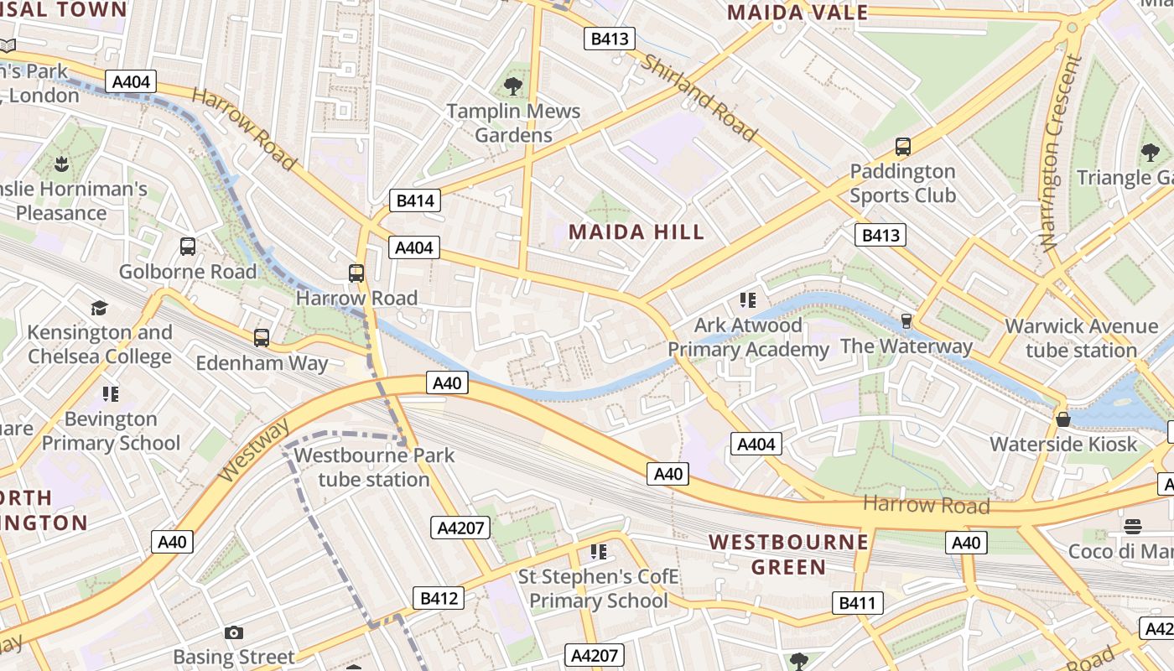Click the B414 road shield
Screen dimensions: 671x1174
[415, 200]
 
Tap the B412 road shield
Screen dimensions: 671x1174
[438, 598]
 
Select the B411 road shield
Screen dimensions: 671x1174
[857, 602]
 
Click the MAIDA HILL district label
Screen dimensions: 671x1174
[636, 232]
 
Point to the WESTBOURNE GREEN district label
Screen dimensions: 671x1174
[788, 554]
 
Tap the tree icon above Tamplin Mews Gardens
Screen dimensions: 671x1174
[513, 86]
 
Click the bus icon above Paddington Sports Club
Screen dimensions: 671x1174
[903, 147]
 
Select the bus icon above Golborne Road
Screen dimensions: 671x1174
[188, 247]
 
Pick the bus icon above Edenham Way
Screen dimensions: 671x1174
[262, 338]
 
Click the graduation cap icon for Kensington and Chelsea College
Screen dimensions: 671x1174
[100, 308]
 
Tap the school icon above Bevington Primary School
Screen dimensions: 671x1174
[111, 393]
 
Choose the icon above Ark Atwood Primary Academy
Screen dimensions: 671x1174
[748, 299]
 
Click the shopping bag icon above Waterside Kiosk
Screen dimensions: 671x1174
[1063, 419]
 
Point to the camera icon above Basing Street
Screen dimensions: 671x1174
[234, 632]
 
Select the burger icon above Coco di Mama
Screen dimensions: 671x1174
[1133, 527]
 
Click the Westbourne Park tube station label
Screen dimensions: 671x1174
[374, 467]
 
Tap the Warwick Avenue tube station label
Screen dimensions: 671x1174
[1081, 338]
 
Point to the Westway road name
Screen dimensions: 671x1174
[252, 450]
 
